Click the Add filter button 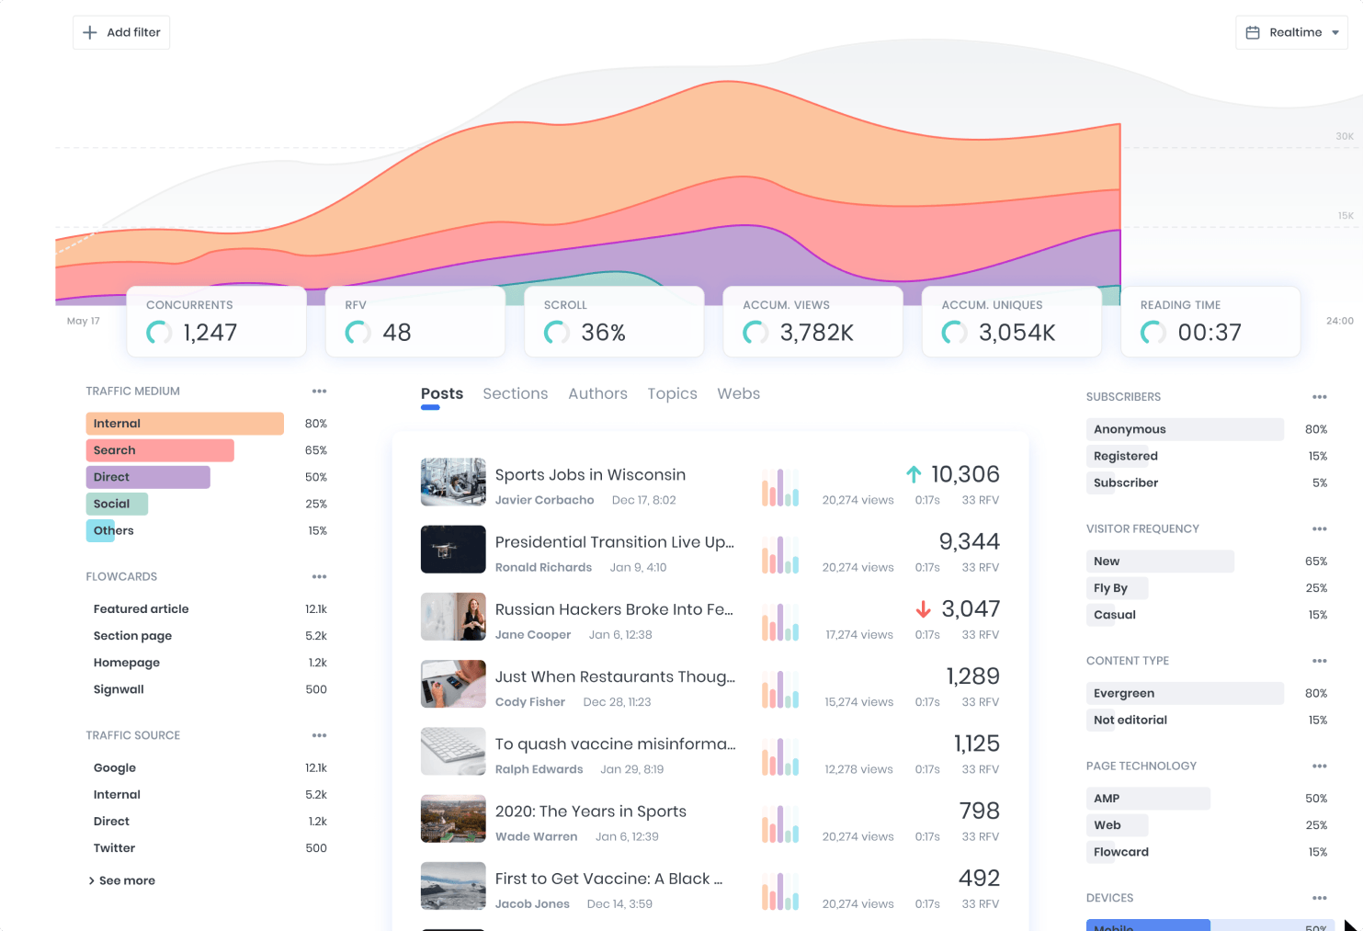[x=121, y=32]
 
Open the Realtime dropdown [x=1291, y=32]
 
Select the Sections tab [x=515, y=393]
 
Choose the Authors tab [x=597, y=393]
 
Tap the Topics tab [x=672, y=393]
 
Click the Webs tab [x=738, y=393]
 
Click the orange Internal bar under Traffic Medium [x=184, y=424]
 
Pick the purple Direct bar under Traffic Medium [x=147, y=477]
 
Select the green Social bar [x=117, y=504]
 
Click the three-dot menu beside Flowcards [x=319, y=576]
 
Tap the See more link [x=122, y=880]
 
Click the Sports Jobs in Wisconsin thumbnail [x=453, y=482]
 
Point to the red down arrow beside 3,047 [x=924, y=609]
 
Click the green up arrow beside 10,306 [x=914, y=474]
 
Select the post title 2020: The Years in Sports [x=590, y=812]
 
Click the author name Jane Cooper [x=533, y=635]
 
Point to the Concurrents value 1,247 [x=210, y=333]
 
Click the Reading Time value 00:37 [x=1210, y=333]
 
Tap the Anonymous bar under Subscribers [x=1184, y=429]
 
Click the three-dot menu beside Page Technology [x=1320, y=766]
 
